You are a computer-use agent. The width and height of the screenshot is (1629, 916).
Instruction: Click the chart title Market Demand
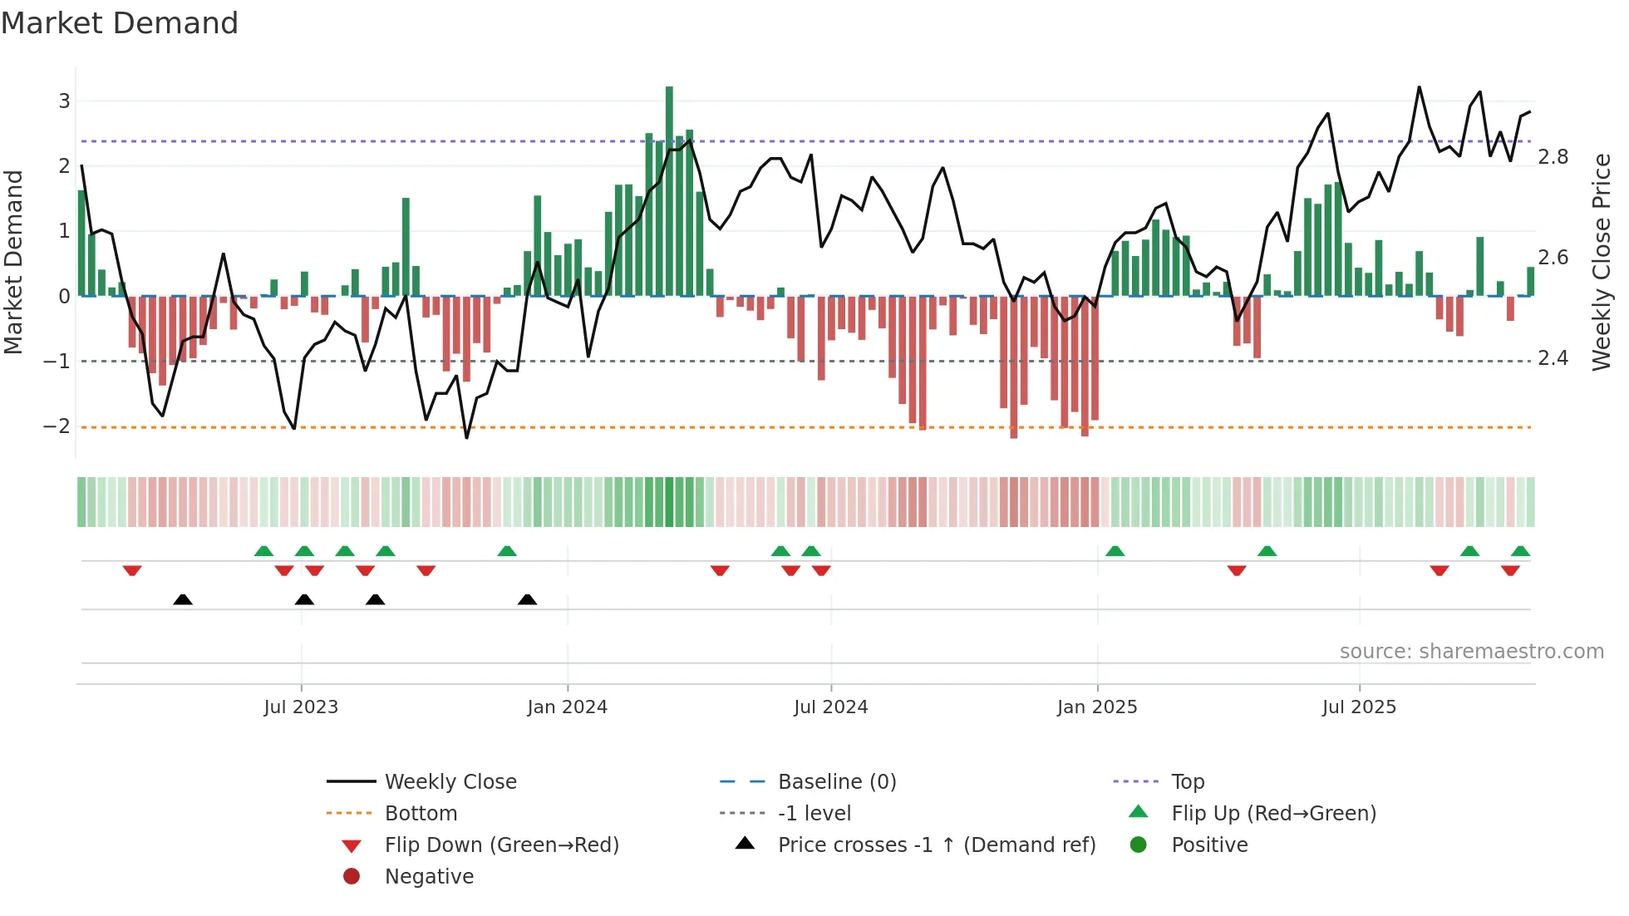tap(120, 23)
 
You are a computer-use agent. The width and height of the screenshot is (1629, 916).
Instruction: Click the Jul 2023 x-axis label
tap(301, 707)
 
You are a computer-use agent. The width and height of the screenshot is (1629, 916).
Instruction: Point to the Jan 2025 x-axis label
tap(1097, 707)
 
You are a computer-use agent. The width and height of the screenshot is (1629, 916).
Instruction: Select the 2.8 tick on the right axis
tap(1553, 157)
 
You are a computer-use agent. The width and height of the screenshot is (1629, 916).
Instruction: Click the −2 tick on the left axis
tap(57, 426)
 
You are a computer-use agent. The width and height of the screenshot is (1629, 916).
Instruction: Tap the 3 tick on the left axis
tap(64, 101)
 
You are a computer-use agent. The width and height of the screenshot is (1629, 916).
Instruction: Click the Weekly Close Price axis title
tap(1602, 262)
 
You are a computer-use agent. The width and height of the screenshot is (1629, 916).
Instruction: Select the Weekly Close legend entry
tap(450, 782)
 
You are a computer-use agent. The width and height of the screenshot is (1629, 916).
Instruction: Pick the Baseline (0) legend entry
tap(836, 782)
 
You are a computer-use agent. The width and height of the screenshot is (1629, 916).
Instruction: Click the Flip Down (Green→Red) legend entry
tap(501, 845)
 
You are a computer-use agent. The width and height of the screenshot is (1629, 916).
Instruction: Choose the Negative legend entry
tap(429, 877)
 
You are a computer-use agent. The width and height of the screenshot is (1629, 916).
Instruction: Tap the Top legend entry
tap(1188, 782)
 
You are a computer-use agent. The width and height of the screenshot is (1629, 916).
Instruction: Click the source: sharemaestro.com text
tap(1471, 652)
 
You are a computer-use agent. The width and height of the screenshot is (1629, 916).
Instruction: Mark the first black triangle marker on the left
tap(183, 599)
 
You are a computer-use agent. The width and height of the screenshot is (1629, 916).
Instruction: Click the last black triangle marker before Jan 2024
tap(527, 599)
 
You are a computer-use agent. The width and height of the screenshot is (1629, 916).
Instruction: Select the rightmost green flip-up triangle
tap(1520, 551)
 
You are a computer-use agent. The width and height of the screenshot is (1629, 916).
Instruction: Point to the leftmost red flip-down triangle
tap(132, 570)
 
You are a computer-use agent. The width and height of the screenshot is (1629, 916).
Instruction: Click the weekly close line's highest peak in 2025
tap(1419, 87)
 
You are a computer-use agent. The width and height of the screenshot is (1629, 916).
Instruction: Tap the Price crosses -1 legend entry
tap(936, 845)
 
